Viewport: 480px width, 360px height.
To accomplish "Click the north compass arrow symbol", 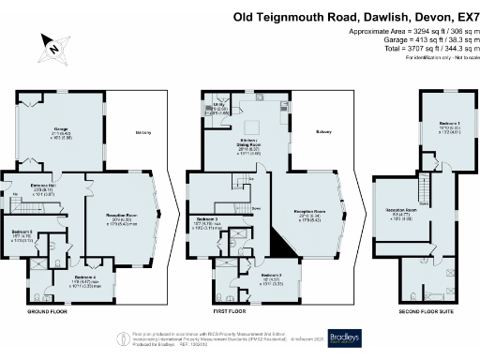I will tap(53, 44).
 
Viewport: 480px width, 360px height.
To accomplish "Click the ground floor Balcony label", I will tap(143, 133).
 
